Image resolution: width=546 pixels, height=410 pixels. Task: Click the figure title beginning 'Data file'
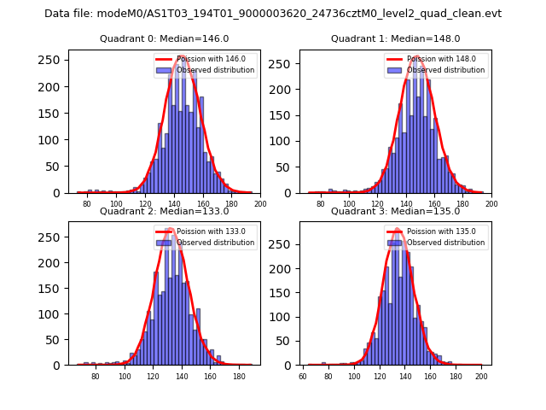[273, 14]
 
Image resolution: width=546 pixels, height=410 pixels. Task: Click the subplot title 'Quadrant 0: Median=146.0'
[164, 38]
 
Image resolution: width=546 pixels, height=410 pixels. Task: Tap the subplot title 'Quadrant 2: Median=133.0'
[164, 211]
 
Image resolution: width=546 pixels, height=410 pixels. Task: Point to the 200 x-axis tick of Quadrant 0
[260, 205]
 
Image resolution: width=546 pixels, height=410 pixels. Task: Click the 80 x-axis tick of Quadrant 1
[320, 205]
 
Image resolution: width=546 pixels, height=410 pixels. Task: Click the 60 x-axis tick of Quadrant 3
[303, 377]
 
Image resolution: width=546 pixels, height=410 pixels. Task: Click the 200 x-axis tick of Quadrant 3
[481, 377]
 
